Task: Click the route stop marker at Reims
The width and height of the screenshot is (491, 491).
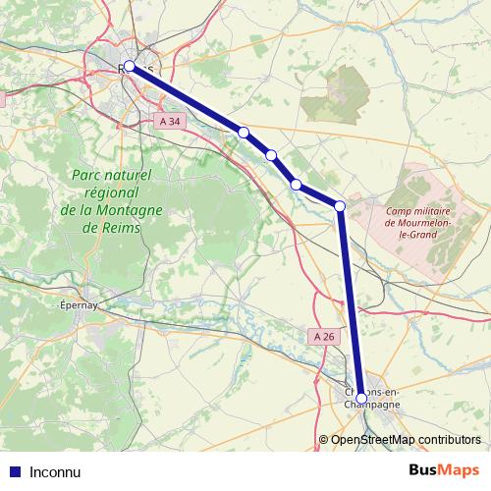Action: [129, 67]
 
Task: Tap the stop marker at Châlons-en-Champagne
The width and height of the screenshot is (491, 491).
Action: [361, 398]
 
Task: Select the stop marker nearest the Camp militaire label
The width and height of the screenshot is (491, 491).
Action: [340, 205]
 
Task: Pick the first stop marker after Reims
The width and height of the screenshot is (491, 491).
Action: [244, 132]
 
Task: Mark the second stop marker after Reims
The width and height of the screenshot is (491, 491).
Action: [271, 155]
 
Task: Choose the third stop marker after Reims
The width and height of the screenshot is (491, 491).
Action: [296, 184]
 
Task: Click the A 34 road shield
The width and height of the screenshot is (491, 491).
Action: [170, 121]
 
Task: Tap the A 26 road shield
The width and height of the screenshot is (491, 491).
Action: [324, 336]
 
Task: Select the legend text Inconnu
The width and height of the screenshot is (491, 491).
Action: [56, 470]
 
